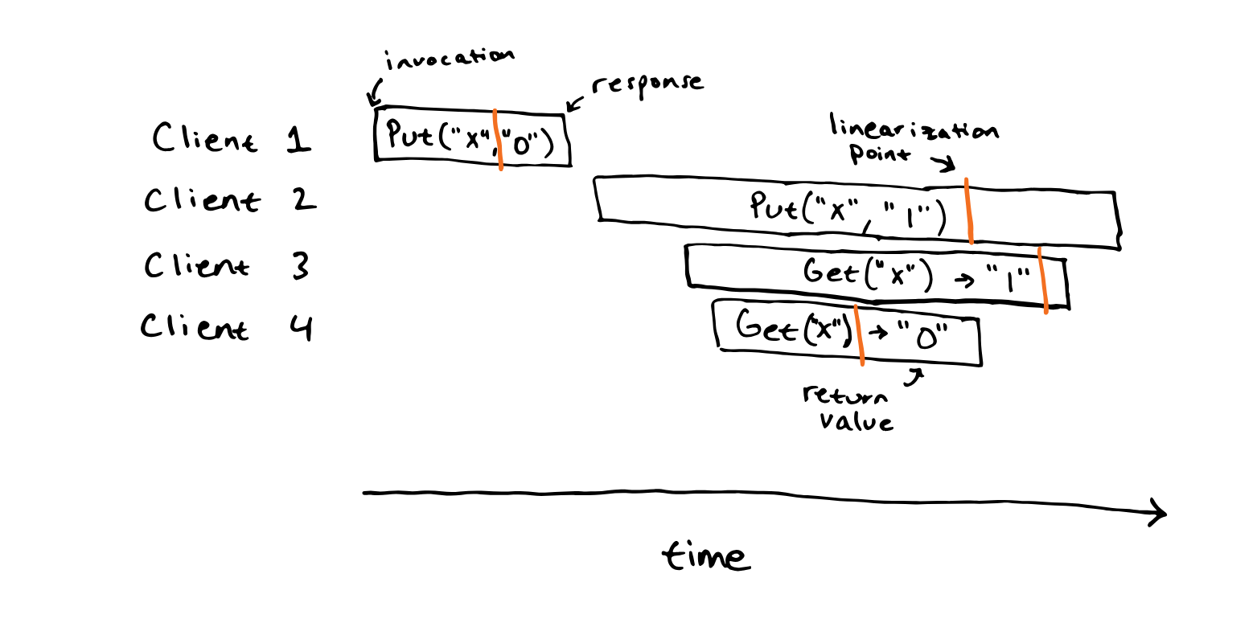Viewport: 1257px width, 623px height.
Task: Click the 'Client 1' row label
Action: click(231, 138)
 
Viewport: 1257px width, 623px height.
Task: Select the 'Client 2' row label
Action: click(230, 200)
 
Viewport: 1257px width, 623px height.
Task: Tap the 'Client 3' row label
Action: click(227, 265)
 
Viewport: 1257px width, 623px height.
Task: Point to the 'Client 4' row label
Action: click(226, 327)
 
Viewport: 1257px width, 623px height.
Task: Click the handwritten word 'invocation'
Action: click(449, 59)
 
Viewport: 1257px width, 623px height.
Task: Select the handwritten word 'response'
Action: click(647, 86)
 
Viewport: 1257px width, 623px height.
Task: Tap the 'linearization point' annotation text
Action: click(914, 138)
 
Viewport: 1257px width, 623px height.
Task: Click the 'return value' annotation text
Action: click(848, 408)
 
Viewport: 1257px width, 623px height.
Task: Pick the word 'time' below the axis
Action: click(706, 555)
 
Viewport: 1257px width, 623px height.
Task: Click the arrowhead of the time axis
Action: click(1165, 513)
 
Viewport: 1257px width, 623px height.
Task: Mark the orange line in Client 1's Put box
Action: click(498, 139)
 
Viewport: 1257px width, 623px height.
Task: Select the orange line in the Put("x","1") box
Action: click(969, 211)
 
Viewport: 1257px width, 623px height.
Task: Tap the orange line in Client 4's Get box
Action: click(859, 335)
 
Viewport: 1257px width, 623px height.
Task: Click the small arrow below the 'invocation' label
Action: click(374, 92)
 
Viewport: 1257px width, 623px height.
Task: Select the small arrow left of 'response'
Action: click(575, 104)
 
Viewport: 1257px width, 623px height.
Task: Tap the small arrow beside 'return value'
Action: click(914, 377)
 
